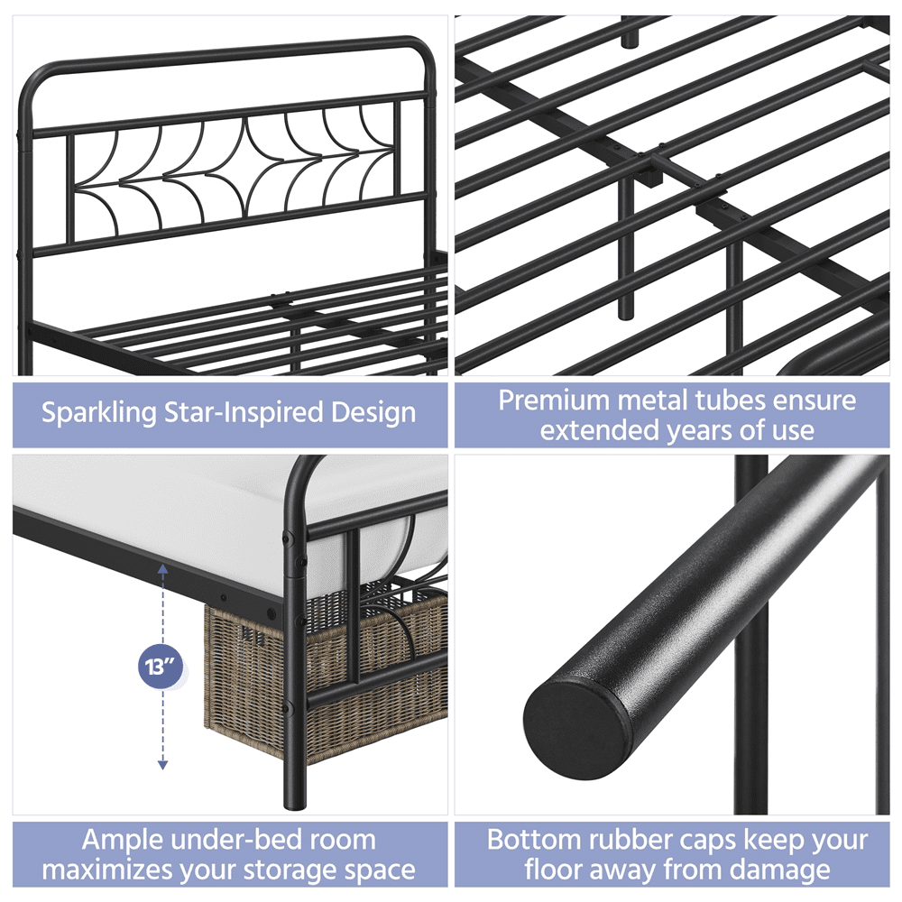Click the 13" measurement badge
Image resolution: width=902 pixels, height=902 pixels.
[x=161, y=667]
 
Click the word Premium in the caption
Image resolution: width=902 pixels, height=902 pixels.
[x=554, y=400]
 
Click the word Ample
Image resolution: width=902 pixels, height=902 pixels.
[x=123, y=841]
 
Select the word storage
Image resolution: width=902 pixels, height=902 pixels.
[x=300, y=871]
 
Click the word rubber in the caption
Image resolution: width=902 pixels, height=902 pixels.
[x=613, y=840]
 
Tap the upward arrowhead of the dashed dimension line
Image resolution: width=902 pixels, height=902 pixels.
[x=162, y=569]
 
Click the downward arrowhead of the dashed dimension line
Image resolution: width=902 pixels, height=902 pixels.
[x=162, y=765]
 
